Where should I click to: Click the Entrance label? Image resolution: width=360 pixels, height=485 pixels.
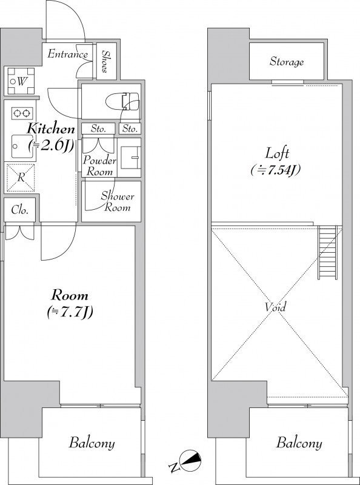[68, 54]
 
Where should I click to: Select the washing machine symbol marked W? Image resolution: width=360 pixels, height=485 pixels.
[21, 81]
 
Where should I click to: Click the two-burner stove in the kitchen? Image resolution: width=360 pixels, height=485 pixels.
[22, 113]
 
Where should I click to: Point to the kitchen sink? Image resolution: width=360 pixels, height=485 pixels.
[22, 146]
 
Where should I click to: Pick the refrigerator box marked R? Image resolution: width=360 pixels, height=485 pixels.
[21, 178]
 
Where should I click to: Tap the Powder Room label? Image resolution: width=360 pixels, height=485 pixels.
[99, 166]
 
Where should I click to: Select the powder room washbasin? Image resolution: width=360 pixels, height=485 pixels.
[130, 158]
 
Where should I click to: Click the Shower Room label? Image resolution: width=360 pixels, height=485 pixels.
[118, 202]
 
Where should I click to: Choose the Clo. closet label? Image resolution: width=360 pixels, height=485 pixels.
[20, 210]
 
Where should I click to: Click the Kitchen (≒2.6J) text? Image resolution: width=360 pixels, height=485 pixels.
[51, 138]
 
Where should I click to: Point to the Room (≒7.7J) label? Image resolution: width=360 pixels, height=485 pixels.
[70, 304]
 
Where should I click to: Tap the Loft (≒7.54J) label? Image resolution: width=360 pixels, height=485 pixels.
[276, 161]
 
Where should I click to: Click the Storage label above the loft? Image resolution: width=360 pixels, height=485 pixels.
[287, 62]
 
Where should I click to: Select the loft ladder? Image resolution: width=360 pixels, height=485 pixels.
[327, 252]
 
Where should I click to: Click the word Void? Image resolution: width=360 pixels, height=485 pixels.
[275, 307]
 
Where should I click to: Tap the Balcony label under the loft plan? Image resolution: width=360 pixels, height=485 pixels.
[299, 443]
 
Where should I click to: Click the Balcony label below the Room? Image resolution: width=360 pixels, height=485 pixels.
[92, 443]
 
